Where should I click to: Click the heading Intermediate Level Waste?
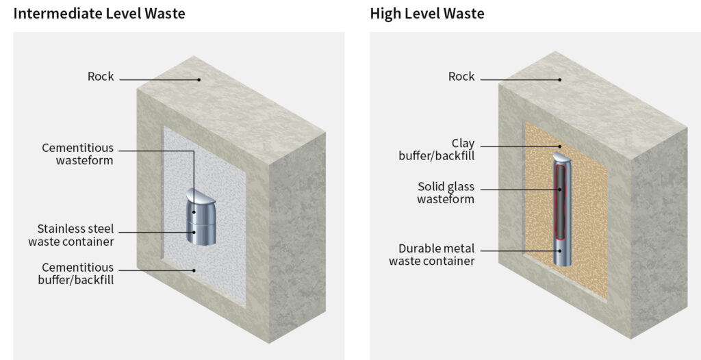click(x=99, y=13)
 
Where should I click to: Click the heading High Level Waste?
click(x=427, y=13)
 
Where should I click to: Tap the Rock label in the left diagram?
click(x=101, y=77)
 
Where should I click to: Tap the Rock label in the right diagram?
click(x=461, y=77)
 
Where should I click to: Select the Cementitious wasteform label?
click(x=78, y=154)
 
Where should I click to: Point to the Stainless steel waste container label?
click(x=71, y=235)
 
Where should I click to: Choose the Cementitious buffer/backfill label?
click(x=78, y=273)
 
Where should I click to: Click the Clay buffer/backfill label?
click(x=437, y=149)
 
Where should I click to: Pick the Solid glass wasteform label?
click(x=446, y=192)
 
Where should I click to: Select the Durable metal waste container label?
click(x=432, y=255)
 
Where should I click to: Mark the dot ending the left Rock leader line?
click(x=199, y=79)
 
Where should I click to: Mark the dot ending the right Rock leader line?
click(x=560, y=79)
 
